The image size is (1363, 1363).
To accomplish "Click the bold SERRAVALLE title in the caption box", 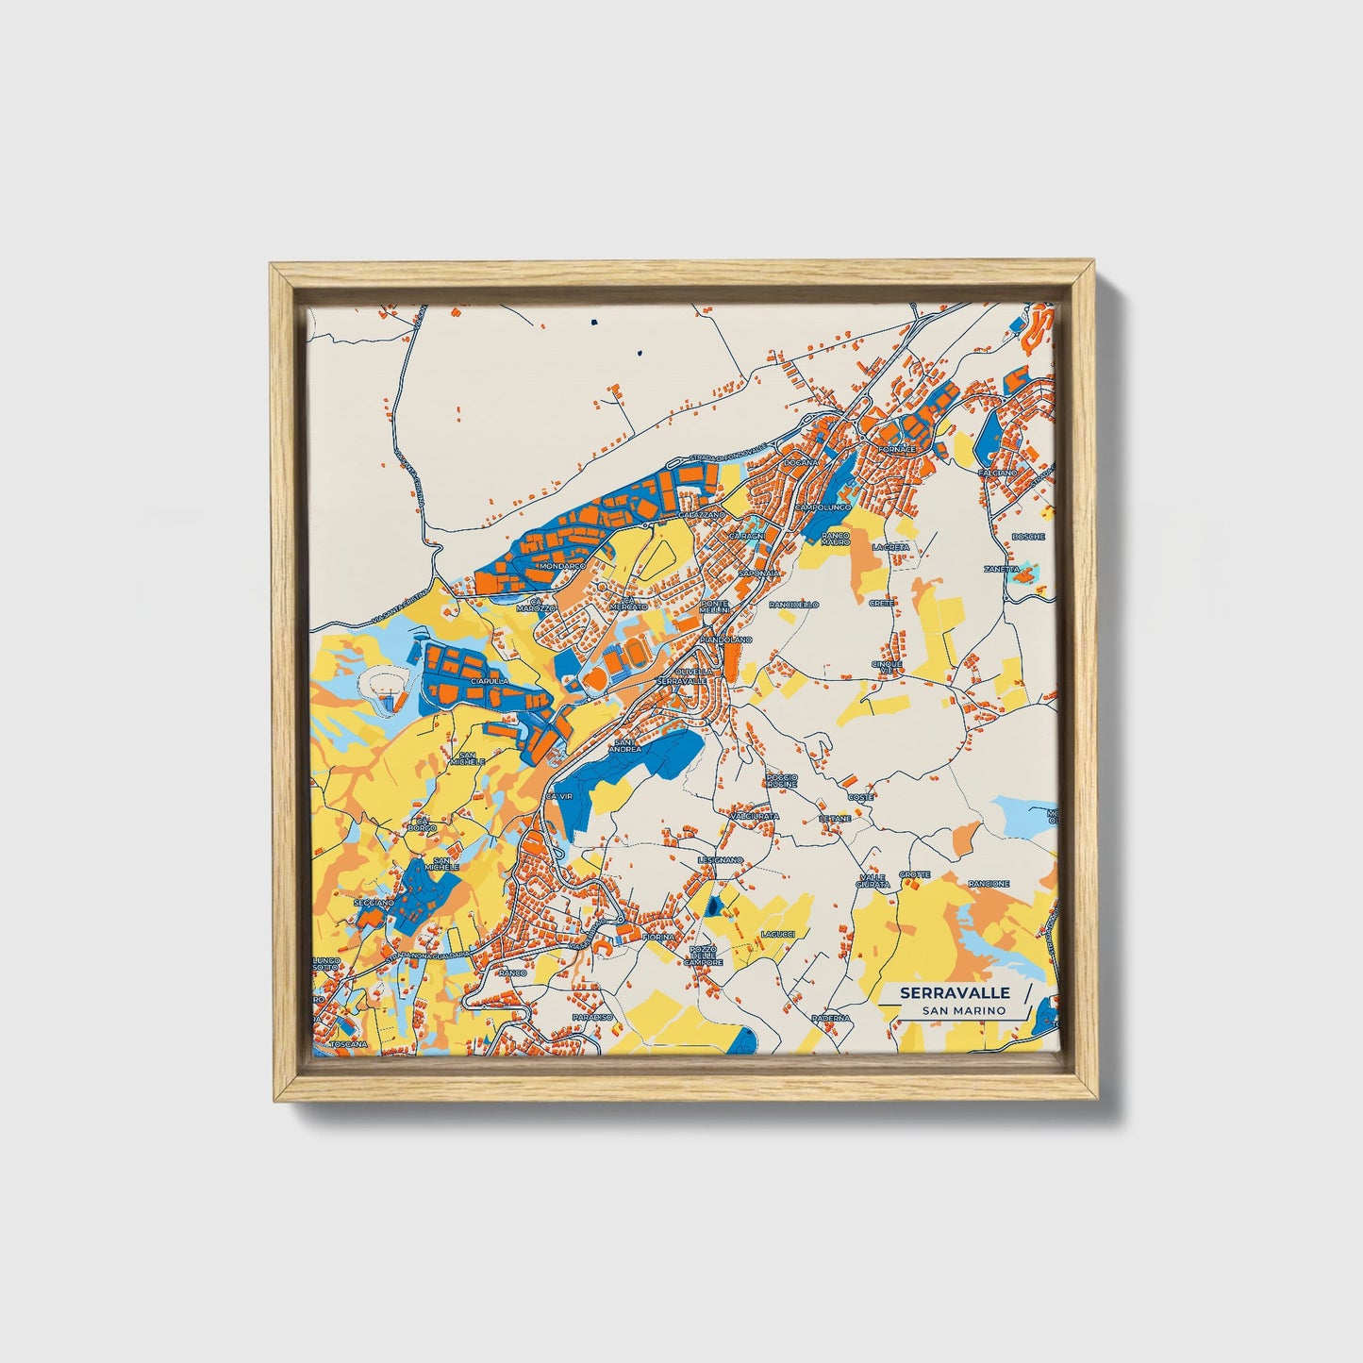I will pyautogui.click(x=955, y=992).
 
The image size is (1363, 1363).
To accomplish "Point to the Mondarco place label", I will pyautogui.click(x=562, y=565).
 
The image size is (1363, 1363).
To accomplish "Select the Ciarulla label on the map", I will pyautogui.click(x=490, y=679).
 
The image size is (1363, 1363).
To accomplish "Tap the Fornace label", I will pyautogui.click(x=897, y=450).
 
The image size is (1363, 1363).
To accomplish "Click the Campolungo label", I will pyautogui.click(x=823, y=507).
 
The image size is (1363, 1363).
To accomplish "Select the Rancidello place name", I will pyautogui.click(x=794, y=604).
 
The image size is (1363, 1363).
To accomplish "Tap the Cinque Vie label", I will pyautogui.click(x=887, y=667).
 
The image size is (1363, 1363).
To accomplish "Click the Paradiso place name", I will pyautogui.click(x=592, y=1017).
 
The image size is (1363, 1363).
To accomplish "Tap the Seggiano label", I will pyautogui.click(x=374, y=903).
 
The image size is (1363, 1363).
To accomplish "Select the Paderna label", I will pyautogui.click(x=830, y=1018).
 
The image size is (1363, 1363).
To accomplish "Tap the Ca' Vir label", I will pyautogui.click(x=559, y=796).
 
